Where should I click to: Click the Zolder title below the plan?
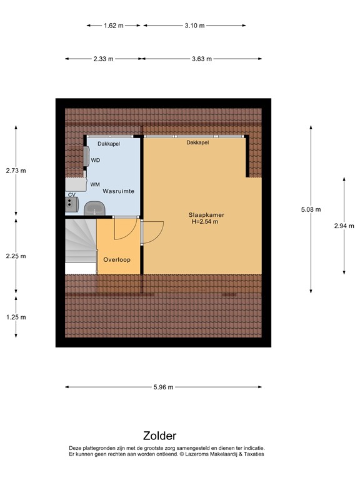pos(159,436)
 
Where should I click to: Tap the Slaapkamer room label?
pos(206,215)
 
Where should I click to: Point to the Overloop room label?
pos(117,259)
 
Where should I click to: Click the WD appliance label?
pos(96,161)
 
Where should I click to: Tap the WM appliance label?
pos(95,184)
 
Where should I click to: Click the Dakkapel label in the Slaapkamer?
pos(197,142)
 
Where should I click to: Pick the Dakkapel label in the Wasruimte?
pos(108,143)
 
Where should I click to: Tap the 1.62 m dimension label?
pos(113,26)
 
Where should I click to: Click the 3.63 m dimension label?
pos(201,59)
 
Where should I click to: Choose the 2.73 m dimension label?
pos(16,170)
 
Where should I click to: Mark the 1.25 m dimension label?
pos(16,317)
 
